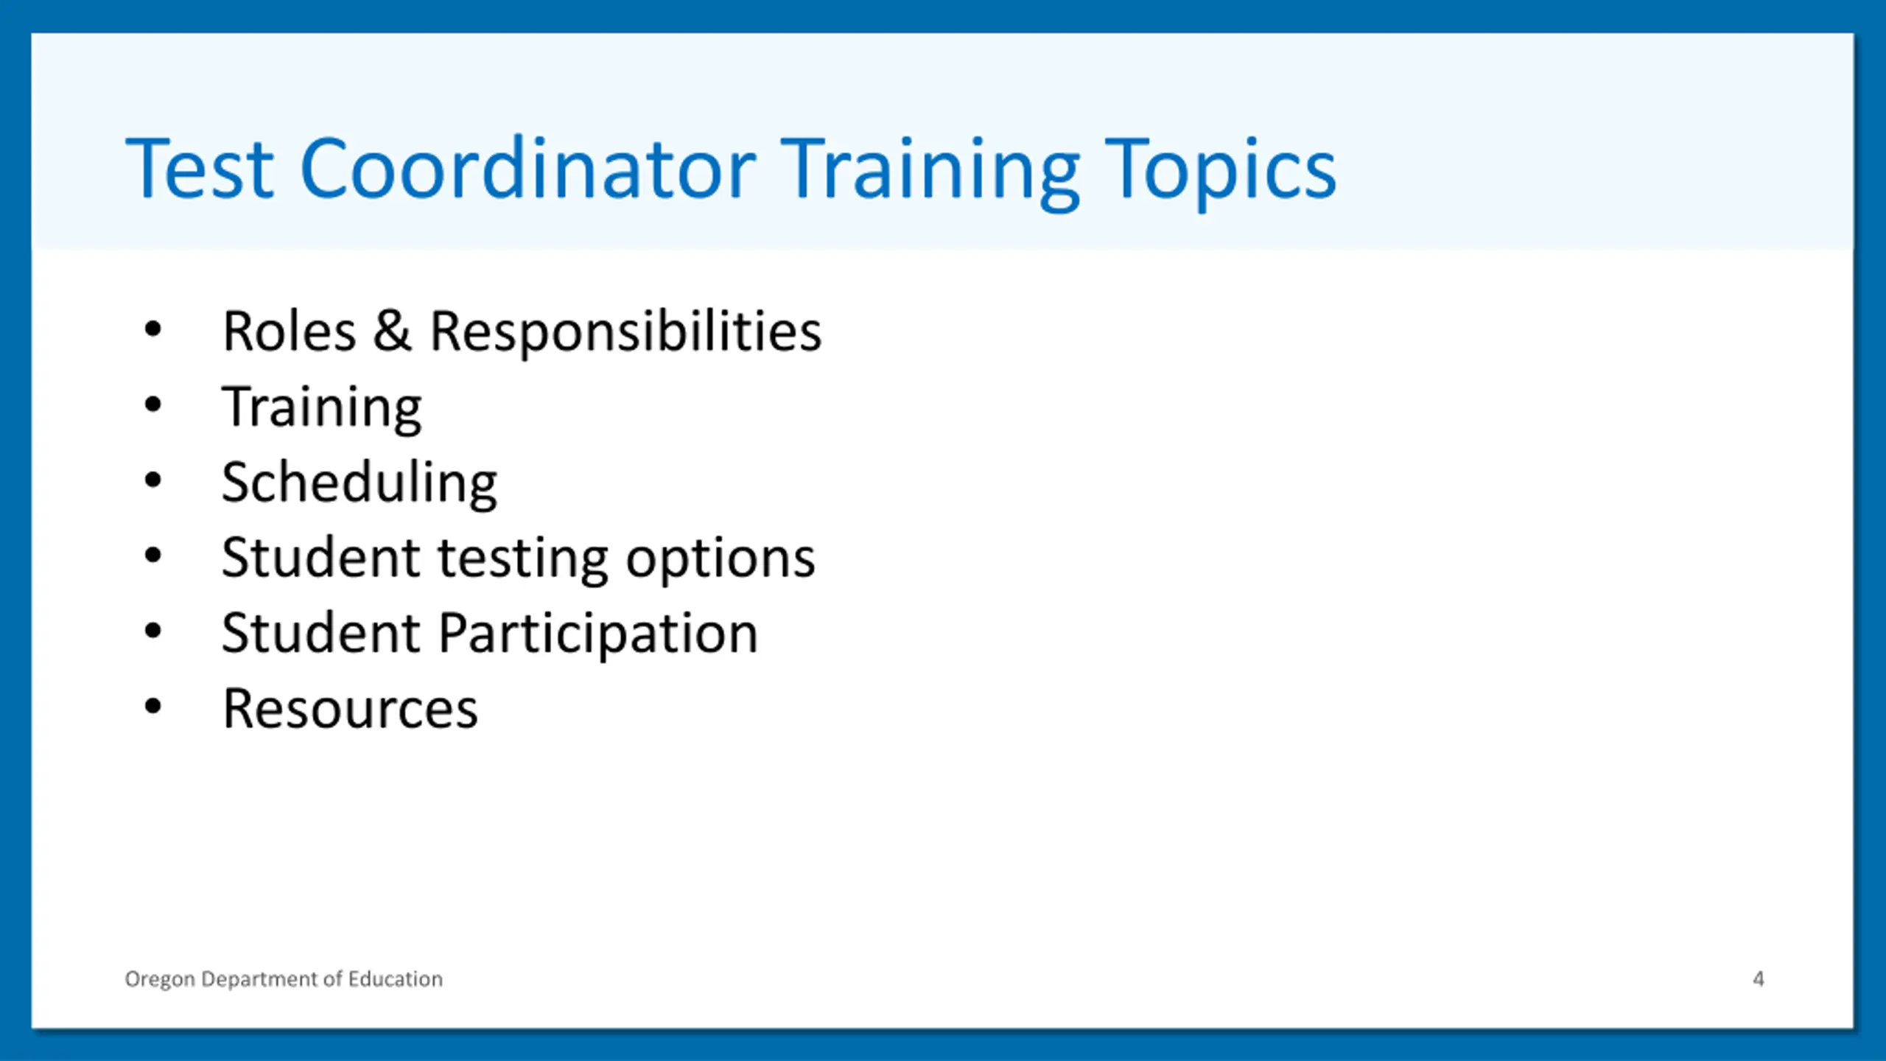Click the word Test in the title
tap(200, 169)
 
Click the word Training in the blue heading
tap(930, 174)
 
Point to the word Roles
tap(290, 332)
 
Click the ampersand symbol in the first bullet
tap(392, 331)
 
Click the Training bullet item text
tap(322, 408)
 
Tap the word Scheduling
tap(360, 483)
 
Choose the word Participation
tap(598, 634)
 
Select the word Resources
tap(351, 709)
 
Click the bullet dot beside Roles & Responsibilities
tap(153, 329)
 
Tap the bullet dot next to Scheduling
tap(153, 481)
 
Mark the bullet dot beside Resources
tap(153, 707)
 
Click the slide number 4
tap(1758, 978)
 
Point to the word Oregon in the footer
tap(160, 980)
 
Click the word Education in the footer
tap(396, 978)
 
